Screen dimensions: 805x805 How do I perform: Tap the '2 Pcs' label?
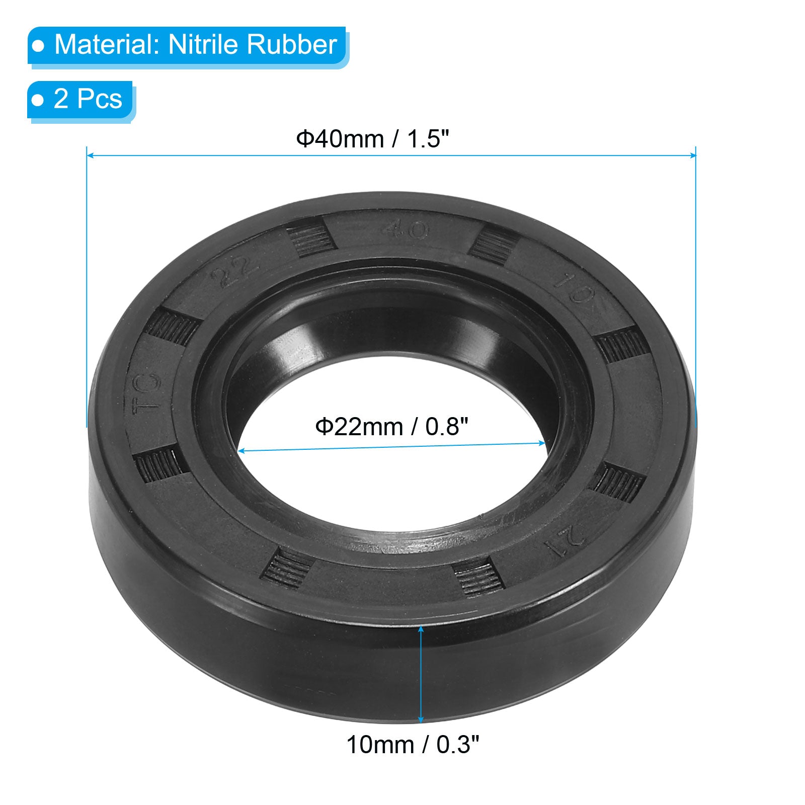coord(88,99)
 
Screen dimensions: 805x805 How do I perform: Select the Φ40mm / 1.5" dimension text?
coord(372,139)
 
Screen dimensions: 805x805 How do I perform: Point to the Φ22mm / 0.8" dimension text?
coord(392,427)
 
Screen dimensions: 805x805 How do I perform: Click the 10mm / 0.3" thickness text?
coord(413,745)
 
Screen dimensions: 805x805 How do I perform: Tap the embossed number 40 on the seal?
coord(406,230)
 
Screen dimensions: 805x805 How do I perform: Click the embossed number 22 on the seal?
coord(234,273)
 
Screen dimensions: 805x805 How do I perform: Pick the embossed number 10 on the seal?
coord(572,287)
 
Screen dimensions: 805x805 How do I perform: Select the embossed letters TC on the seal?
coord(147,392)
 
